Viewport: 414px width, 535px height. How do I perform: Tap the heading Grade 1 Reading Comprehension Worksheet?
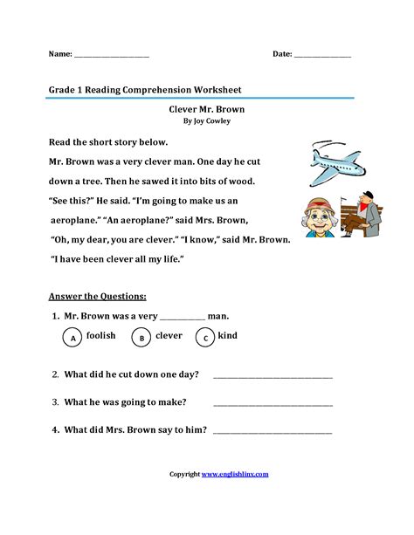pyautogui.click(x=145, y=89)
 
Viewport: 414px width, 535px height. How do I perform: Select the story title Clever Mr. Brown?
pyautogui.click(x=207, y=111)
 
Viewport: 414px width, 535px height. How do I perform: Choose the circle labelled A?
pyautogui.click(x=74, y=337)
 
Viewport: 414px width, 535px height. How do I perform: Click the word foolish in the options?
pyautogui.click(x=101, y=336)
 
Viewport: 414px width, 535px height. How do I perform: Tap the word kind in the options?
pyautogui.click(x=229, y=336)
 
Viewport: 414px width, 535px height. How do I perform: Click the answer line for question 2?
pyautogui.click(x=273, y=377)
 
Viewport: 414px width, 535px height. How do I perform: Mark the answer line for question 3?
pyautogui.click(x=273, y=404)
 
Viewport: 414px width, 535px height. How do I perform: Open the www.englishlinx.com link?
pyautogui.click(x=235, y=474)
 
